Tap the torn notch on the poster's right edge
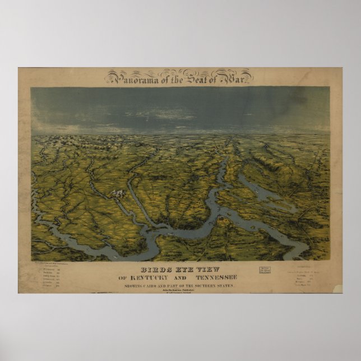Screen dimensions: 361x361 [x=339, y=289]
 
